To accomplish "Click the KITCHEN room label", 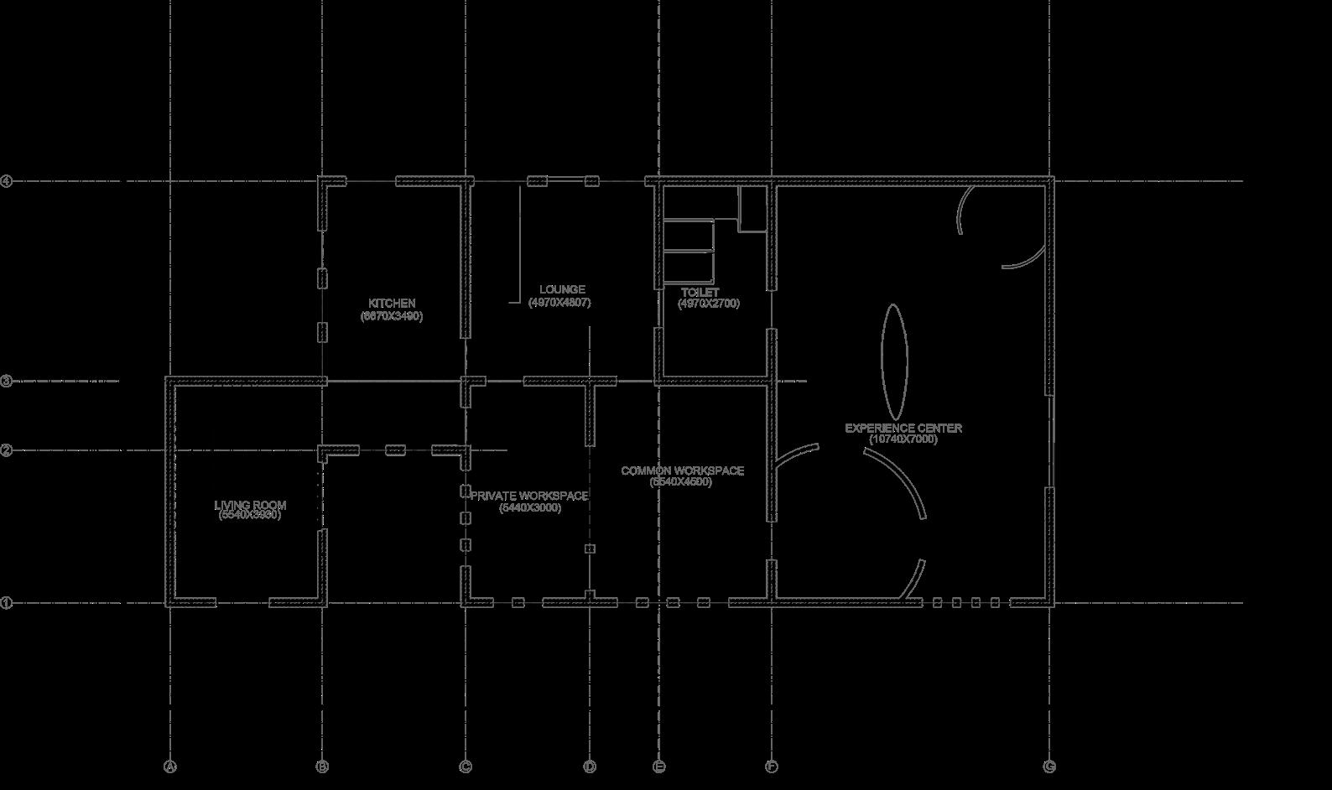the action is [392, 304].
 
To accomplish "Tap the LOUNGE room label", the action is [562, 290].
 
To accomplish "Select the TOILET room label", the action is [700, 293].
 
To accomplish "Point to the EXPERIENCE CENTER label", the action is [903, 428].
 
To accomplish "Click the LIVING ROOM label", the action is [250, 505].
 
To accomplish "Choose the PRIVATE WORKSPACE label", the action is [529, 496].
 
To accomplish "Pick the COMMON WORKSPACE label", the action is [682, 470].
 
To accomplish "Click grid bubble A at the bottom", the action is [170, 767].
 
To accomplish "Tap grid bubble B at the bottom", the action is [322, 767].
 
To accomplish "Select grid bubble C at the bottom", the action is [466, 767].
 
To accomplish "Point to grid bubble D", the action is [590, 767].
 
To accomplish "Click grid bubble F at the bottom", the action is [771, 767].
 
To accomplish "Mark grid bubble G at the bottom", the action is [1049, 767].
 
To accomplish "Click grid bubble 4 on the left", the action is [6, 181].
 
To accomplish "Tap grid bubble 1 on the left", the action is [6, 603].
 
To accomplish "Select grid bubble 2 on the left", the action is [6, 451].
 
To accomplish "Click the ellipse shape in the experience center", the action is [894, 361].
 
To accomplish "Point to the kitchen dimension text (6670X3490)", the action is [392, 316].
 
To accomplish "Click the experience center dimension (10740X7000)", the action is [903, 439].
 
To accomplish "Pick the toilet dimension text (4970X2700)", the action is [709, 304].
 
